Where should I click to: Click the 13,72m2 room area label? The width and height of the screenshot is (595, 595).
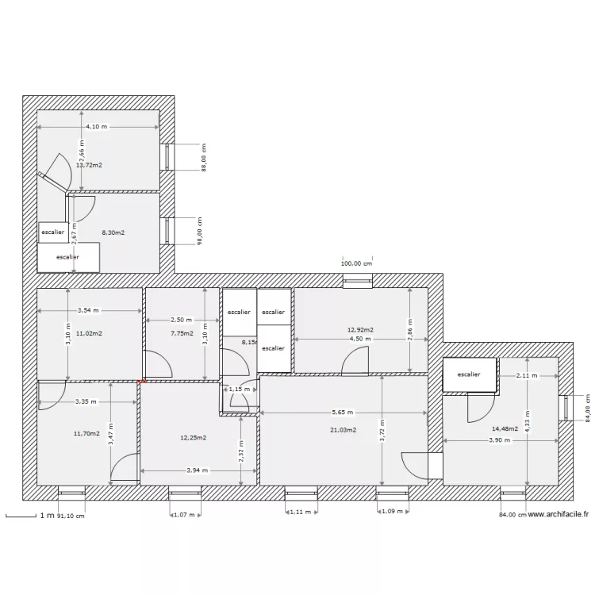coord(89,165)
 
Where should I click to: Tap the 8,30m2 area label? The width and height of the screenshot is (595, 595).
coord(113,232)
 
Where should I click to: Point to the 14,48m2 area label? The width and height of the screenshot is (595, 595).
coord(505,429)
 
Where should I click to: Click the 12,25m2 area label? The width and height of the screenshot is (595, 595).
coord(194,437)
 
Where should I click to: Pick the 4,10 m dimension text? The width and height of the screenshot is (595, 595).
coord(98,127)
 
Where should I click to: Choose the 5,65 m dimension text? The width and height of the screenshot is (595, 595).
coord(343,413)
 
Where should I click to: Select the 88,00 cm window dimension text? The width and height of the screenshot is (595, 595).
coord(203,157)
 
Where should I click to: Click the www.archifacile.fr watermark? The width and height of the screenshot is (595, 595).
coord(558,514)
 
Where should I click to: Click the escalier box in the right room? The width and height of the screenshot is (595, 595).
coord(468,374)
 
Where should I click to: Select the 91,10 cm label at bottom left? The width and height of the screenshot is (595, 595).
coord(71,516)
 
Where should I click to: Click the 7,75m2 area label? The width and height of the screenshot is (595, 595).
coord(182,334)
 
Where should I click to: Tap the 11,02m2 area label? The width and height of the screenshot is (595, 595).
coord(89,334)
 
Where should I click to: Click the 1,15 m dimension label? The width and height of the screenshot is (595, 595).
coord(239,389)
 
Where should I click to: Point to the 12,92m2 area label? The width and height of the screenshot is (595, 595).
coord(360,329)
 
